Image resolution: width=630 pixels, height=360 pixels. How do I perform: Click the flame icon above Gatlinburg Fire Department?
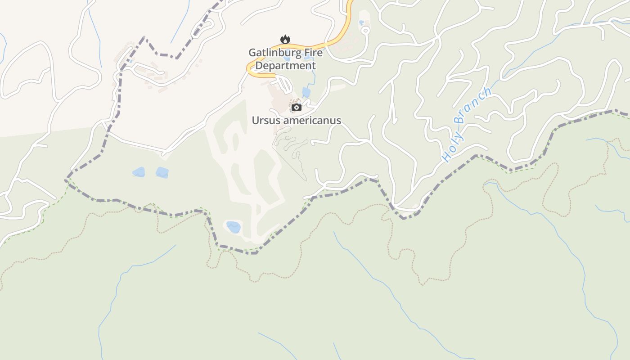(285, 40)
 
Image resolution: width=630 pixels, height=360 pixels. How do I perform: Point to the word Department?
(286, 66)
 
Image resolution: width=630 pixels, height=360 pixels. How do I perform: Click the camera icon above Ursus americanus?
(296, 107)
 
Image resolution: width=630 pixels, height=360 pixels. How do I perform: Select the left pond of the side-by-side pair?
(139, 172)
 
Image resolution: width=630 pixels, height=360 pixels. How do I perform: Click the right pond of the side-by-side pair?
(162, 172)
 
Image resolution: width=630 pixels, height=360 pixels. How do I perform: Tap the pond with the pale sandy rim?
(233, 227)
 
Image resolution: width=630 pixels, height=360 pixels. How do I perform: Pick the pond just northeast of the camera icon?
(306, 93)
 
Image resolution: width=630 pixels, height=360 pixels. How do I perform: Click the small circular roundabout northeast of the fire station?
(365, 31)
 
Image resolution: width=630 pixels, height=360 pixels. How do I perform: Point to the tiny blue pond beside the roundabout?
(361, 22)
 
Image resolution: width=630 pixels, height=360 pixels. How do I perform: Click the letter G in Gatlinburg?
(253, 53)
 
